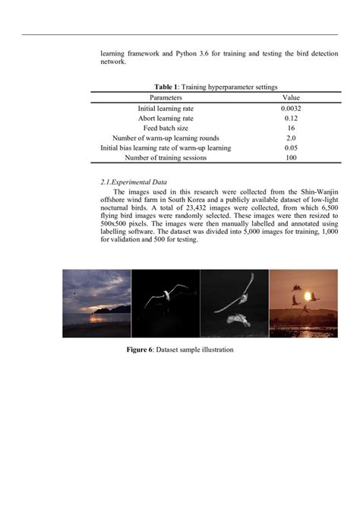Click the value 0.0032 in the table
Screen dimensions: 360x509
(x=290, y=109)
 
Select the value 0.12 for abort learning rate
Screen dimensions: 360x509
(x=290, y=119)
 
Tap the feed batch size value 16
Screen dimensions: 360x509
(x=290, y=128)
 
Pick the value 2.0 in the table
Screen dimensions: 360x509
(x=290, y=138)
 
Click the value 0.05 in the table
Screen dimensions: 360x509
(x=290, y=148)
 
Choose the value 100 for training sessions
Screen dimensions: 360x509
(x=290, y=158)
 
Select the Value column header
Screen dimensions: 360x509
(x=290, y=98)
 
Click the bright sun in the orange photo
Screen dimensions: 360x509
(x=309, y=296)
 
